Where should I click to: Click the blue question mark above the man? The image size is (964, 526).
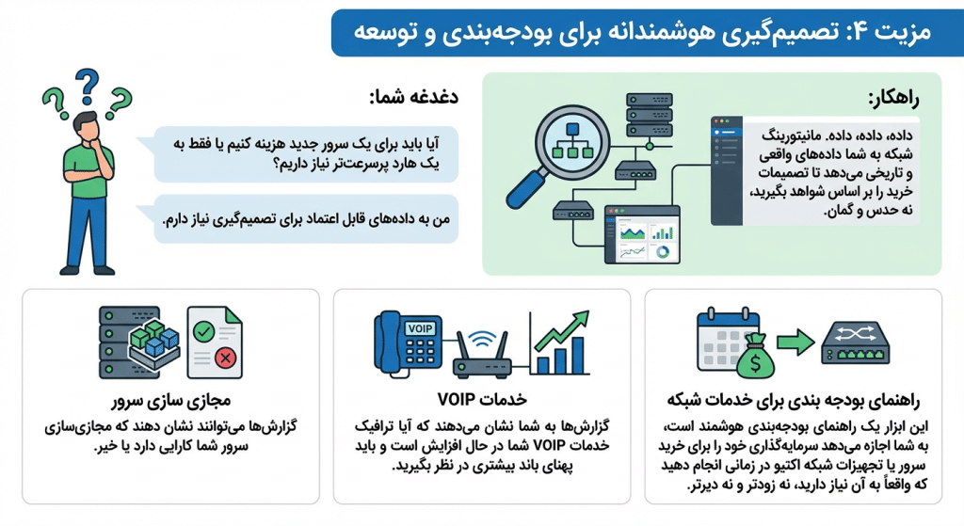pos(87,86)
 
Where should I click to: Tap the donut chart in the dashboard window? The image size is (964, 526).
pos(666,252)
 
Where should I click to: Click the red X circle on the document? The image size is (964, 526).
pos(224,359)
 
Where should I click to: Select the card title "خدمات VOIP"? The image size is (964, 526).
pos(481,395)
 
